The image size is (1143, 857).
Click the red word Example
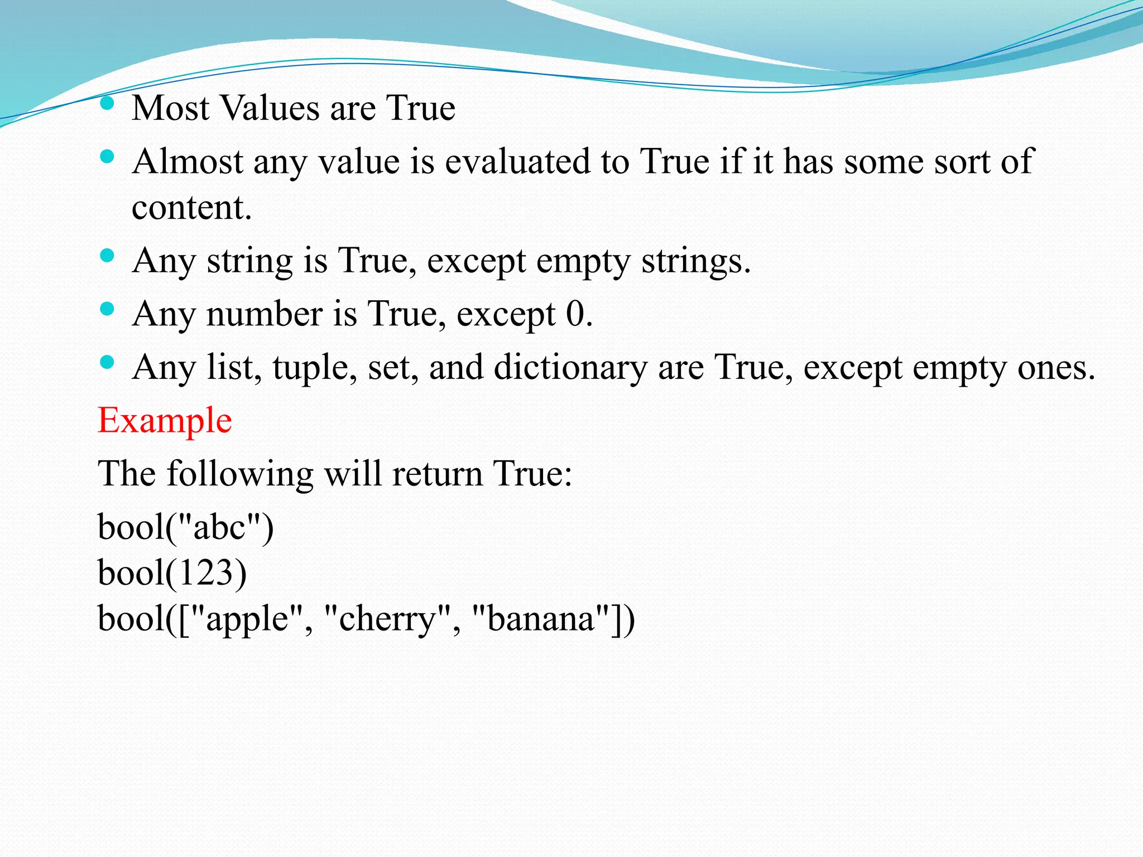[165, 420]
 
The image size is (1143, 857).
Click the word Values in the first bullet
[271, 108]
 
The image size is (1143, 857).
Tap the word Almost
[188, 162]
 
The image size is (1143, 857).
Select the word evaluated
[517, 162]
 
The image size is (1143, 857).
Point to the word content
[191, 208]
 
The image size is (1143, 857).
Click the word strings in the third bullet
[695, 261]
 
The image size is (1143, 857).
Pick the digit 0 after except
[575, 314]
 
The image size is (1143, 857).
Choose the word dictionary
[570, 367]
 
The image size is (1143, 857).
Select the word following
[240, 474]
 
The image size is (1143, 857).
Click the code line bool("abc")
[185, 527]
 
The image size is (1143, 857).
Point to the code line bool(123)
[172, 573]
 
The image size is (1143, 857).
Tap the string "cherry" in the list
[387, 619]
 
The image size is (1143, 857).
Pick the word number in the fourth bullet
[265, 314]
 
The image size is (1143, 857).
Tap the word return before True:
[436, 474]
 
